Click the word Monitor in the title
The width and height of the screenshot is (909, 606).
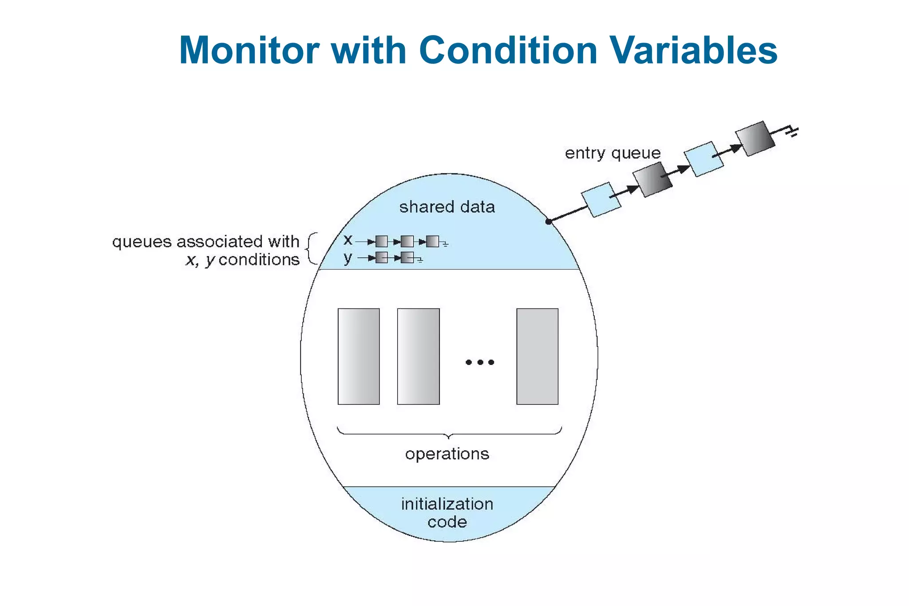tap(249, 50)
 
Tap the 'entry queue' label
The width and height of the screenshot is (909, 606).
tap(613, 153)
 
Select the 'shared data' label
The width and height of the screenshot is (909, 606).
tap(447, 207)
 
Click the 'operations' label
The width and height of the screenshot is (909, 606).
tap(447, 454)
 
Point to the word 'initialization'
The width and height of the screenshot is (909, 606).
tap(447, 504)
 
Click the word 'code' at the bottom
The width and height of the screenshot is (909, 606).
tap(447, 522)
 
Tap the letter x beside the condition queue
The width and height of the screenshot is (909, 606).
tap(348, 240)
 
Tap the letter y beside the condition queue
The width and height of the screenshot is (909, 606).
tap(348, 258)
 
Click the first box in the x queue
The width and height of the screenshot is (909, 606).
tap(381, 242)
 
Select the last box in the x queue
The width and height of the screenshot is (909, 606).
tap(432, 242)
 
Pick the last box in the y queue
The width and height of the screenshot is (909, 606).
tap(407, 257)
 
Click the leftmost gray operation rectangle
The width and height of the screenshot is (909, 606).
tap(359, 356)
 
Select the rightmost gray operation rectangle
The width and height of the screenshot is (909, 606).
tap(537, 356)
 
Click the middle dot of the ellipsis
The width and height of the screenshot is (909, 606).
tap(480, 362)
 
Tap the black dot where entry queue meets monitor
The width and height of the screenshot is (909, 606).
tap(549, 222)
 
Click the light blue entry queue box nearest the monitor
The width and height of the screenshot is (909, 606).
tap(601, 200)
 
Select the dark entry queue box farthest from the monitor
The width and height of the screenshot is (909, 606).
tap(755, 139)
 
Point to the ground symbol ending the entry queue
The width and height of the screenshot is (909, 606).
tap(793, 131)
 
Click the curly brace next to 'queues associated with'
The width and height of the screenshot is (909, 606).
tap(312, 249)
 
